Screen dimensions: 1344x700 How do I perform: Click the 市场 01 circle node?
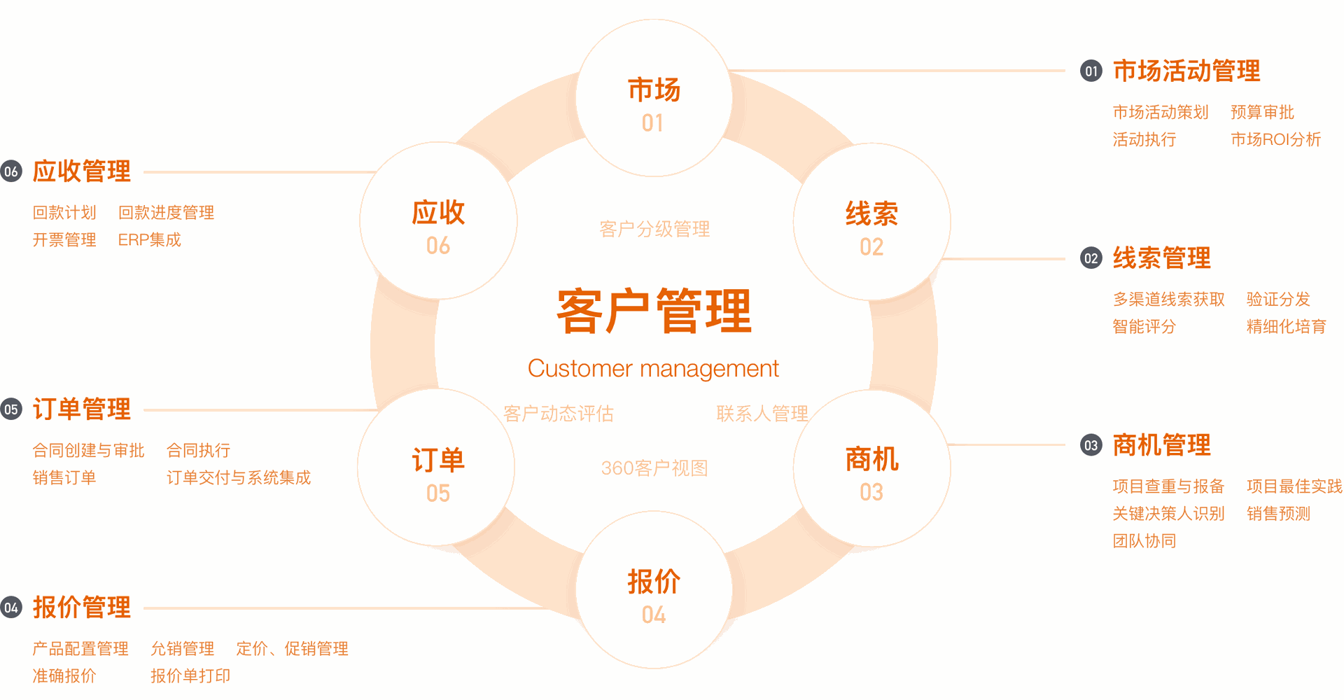pyautogui.click(x=654, y=98)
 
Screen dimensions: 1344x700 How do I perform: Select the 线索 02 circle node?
pyautogui.click(x=871, y=222)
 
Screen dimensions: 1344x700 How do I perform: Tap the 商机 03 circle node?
pyautogui.click(x=871, y=468)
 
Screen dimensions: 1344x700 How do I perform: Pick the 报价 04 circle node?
pyautogui.click(x=654, y=590)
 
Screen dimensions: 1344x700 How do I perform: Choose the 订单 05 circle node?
pyautogui.click(x=436, y=468)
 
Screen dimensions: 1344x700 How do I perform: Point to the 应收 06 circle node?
pyautogui.click(x=438, y=220)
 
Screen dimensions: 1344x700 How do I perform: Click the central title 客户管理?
pyautogui.click(x=654, y=311)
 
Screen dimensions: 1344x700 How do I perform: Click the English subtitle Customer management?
pyautogui.click(x=653, y=369)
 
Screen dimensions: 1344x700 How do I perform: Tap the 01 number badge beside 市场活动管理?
pyautogui.click(x=1091, y=71)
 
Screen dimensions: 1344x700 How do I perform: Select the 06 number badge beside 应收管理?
pyautogui.click(x=11, y=171)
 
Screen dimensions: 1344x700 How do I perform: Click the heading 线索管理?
pyautogui.click(x=1162, y=258)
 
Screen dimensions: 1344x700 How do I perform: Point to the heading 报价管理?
pyautogui.click(x=82, y=608)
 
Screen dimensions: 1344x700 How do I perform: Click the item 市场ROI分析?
pyautogui.click(x=1276, y=140)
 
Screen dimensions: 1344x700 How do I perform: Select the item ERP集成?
pyautogui.click(x=150, y=240)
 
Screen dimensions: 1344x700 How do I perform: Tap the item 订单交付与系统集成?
pyautogui.click(x=239, y=478)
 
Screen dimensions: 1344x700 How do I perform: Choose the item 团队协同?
pyautogui.click(x=1144, y=541)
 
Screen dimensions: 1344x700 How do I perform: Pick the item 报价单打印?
pyautogui.click(x=190, y=676)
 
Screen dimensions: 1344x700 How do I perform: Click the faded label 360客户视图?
pyautogui.click(x=654, y=468)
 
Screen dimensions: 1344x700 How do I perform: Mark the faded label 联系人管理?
pyautogui.click(x=762, y=414)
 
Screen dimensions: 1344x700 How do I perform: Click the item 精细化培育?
pyautogui.click(x=1287, y=327)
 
